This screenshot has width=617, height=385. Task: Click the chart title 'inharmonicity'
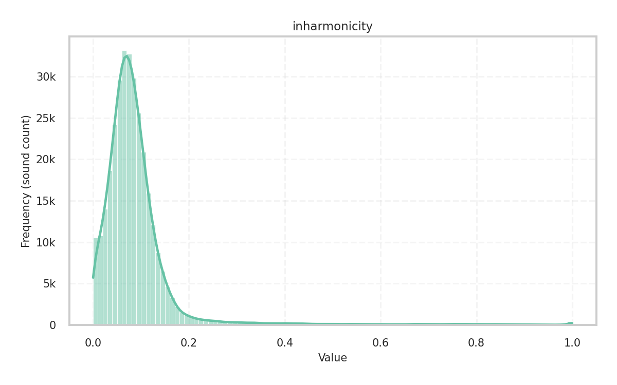coord(332,27)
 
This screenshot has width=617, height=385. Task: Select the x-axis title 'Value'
coord(333,358)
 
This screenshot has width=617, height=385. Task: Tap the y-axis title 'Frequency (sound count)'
coord(26,181)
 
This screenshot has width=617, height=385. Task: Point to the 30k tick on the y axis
coord(46,77)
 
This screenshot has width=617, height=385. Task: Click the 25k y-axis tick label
coord(46,119)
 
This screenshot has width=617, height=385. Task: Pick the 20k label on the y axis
coord(46,160)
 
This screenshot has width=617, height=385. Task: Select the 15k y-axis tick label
coord(46,201)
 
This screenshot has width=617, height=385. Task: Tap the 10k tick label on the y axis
coord(46,243)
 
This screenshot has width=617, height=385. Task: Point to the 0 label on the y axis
coord(53,325)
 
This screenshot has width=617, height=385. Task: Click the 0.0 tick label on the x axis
coord(93,343)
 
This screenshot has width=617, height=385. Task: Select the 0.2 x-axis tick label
coord(189,343)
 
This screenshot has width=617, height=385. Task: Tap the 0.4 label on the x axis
coord(285,343)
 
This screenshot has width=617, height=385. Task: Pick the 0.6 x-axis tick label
coord(380,343)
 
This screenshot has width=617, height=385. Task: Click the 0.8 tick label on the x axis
coord(477,343)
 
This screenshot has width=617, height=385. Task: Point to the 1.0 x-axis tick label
coord(572,343)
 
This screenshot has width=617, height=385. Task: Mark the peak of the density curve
coord(126,56)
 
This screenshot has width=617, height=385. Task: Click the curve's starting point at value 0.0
coord(93,277)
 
